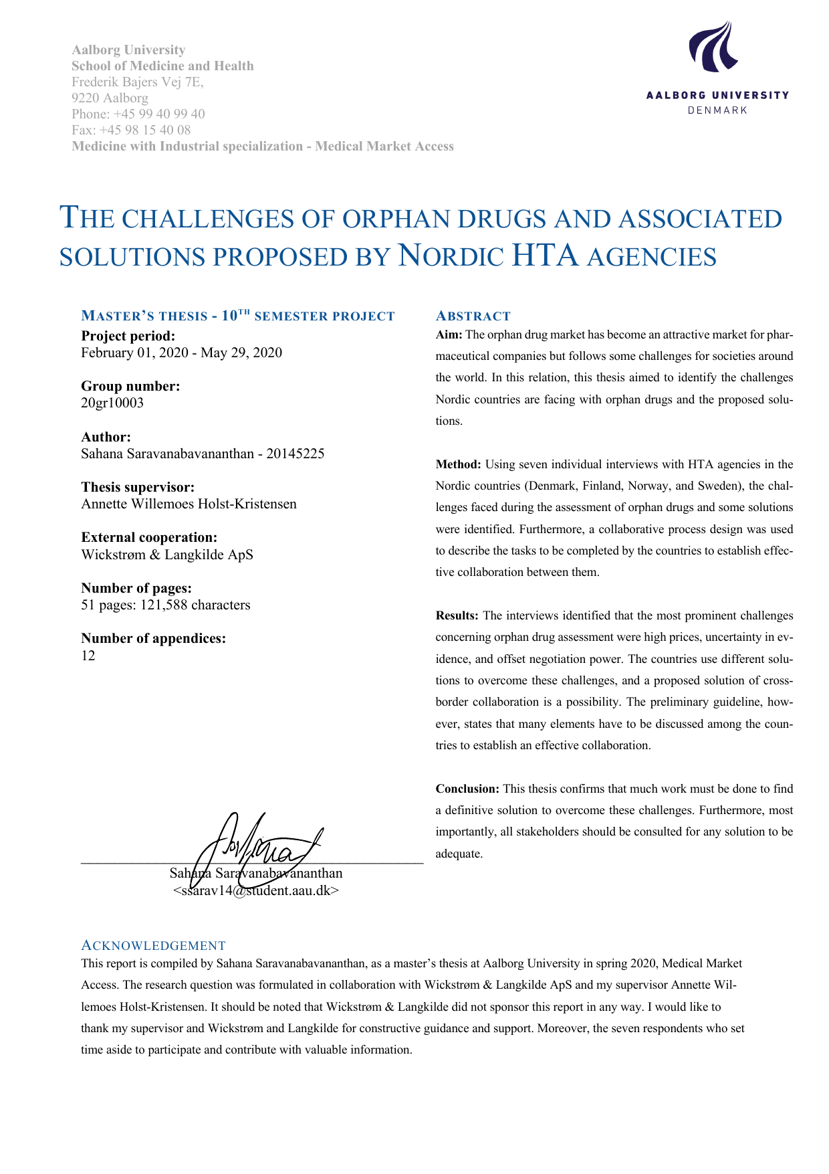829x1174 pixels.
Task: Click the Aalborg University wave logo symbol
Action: click(713, 47)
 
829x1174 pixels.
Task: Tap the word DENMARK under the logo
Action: click(717, 110)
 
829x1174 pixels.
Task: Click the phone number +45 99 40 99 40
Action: click(159, 114)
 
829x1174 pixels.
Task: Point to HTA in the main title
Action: click(544, 256)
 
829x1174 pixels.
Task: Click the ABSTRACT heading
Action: click(473, 316)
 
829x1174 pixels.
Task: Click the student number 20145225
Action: click(295, 454)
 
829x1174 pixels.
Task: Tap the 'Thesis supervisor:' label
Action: click(138, 487)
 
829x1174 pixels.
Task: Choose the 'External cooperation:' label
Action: click(149, 537)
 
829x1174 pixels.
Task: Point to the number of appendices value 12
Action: click(88, 655)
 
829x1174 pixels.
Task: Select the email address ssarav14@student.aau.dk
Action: click(256, 890)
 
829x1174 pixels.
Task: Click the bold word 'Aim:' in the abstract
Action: click(449, 334)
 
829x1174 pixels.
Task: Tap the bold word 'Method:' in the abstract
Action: click(458, 464)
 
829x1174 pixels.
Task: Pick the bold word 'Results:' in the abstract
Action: click(457, 615)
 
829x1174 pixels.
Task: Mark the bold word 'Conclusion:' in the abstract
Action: click(467, 789)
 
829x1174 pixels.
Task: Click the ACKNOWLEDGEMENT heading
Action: click(153, 945)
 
